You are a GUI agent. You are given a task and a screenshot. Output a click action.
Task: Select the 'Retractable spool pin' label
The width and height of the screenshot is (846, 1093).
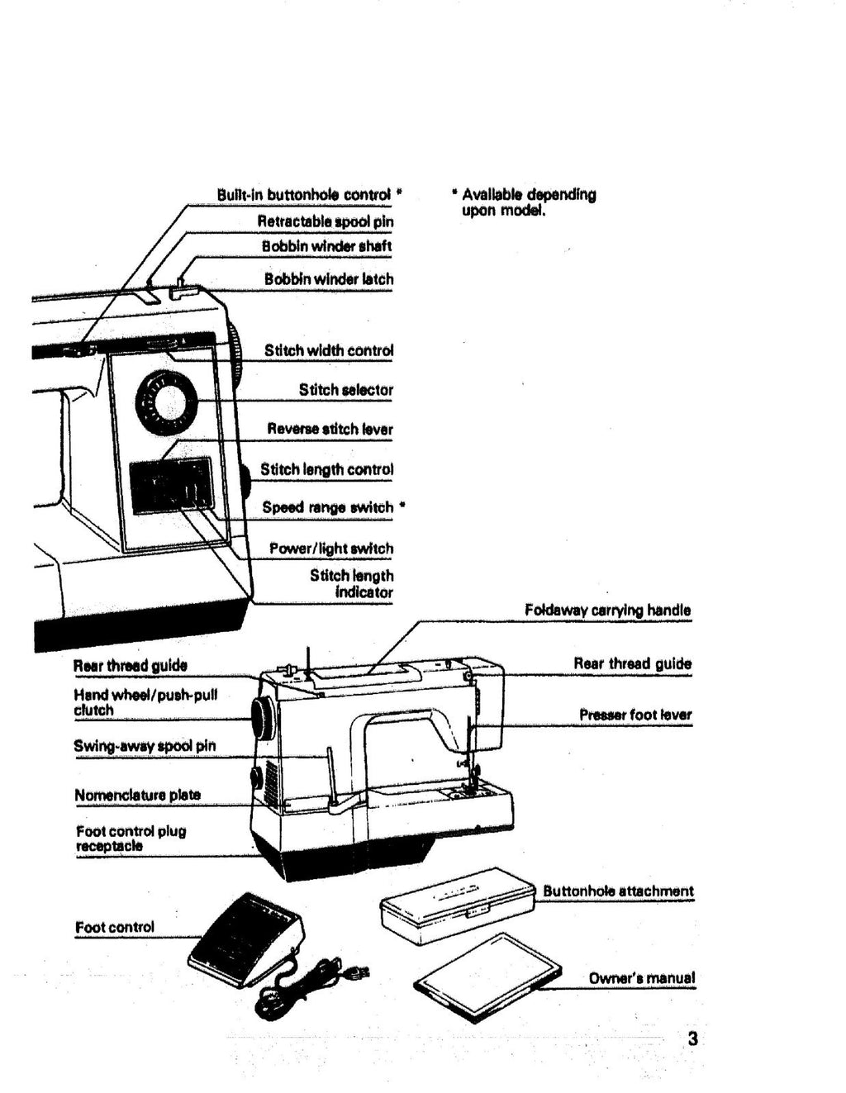tap(325, 221)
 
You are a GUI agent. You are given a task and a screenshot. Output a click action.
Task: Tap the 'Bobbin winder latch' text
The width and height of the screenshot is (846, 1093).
tap(328, 279)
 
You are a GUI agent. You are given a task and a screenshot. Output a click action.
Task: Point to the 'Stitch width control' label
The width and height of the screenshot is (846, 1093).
tap(328, 350)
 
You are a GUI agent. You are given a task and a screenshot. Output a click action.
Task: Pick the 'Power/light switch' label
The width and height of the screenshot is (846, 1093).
tap(330, 549)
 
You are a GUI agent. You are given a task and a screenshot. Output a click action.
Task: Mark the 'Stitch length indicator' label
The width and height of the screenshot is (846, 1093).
tap(351, 583)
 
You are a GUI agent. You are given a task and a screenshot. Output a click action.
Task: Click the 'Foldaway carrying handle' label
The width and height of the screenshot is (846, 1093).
tap(607, 611)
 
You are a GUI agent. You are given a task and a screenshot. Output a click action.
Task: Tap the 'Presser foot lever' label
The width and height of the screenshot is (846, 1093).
tap(634, 715)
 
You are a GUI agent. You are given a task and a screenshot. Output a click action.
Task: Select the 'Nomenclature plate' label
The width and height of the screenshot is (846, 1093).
tap(137, 795)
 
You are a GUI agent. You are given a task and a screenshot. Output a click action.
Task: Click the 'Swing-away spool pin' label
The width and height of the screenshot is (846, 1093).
tap(145, 746)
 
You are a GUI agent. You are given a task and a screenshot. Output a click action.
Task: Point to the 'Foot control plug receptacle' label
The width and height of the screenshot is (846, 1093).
tap(131, 839)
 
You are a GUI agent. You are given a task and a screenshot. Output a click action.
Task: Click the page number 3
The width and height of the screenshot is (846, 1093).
tap(692, 1038)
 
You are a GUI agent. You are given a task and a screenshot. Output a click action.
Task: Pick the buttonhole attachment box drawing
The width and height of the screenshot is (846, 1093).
tap(457, 907)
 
